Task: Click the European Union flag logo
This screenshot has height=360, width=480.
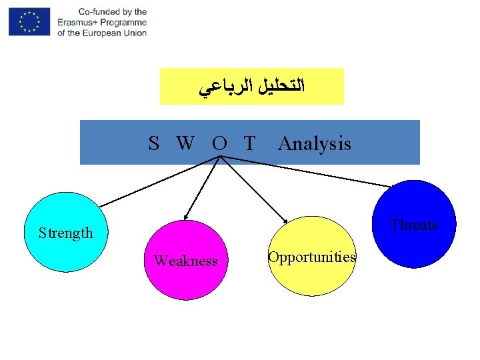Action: pyautogui.click(x=29, y=22)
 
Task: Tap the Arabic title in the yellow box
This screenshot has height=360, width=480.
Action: pyautogui.click(x=251, y=86)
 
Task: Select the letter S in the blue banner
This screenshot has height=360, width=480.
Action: pyautogui.click(x=154, y=143)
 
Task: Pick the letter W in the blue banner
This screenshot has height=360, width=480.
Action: pyautogui.click(x=186, y=143)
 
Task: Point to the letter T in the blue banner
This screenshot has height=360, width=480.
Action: pyautogui.click(x=249, y=143)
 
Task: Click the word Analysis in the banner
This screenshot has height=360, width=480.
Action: pyautogui.click(x=314, y=143)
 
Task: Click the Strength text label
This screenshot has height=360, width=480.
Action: pyautogui.click(x=65, y=233)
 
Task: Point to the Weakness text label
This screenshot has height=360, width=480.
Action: pyautogui.click(x=185, y=261)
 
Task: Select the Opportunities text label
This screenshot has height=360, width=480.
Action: pyautogui.click(x=312, y=257)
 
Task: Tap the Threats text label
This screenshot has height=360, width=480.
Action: pyautogui.click(x=414, y=225)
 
